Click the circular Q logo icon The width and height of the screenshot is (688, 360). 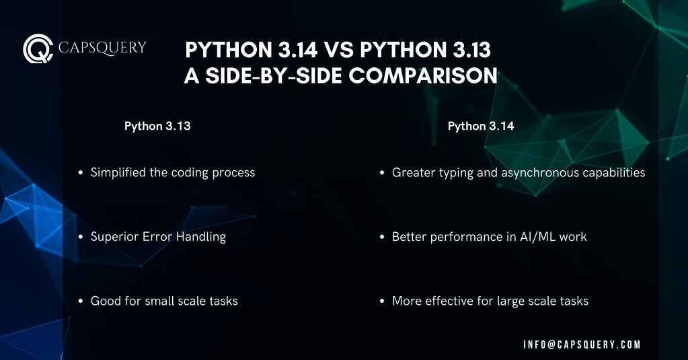[x=38, y=48]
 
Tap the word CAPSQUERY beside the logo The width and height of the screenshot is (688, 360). [x=102, y=47]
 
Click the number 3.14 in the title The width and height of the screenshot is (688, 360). [x=297, y=50]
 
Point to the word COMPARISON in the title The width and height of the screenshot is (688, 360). [x=423, y=75]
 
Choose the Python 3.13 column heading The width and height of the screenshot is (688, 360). [x=157, y=126]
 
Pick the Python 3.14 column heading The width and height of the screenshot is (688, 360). [x=481, y=126]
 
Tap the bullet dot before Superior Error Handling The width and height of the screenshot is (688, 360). [x=80, y=237]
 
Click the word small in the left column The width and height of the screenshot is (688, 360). [x=159, y=301]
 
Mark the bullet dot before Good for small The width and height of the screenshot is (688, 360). [x=80, y=301]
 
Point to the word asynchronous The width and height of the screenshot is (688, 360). [x=540, y=172]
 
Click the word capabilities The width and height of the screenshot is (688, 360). [x=614, y=172]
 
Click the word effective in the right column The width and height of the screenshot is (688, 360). [x=449, y=301]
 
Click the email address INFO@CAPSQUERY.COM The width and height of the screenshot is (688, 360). [x=582, y=345]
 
